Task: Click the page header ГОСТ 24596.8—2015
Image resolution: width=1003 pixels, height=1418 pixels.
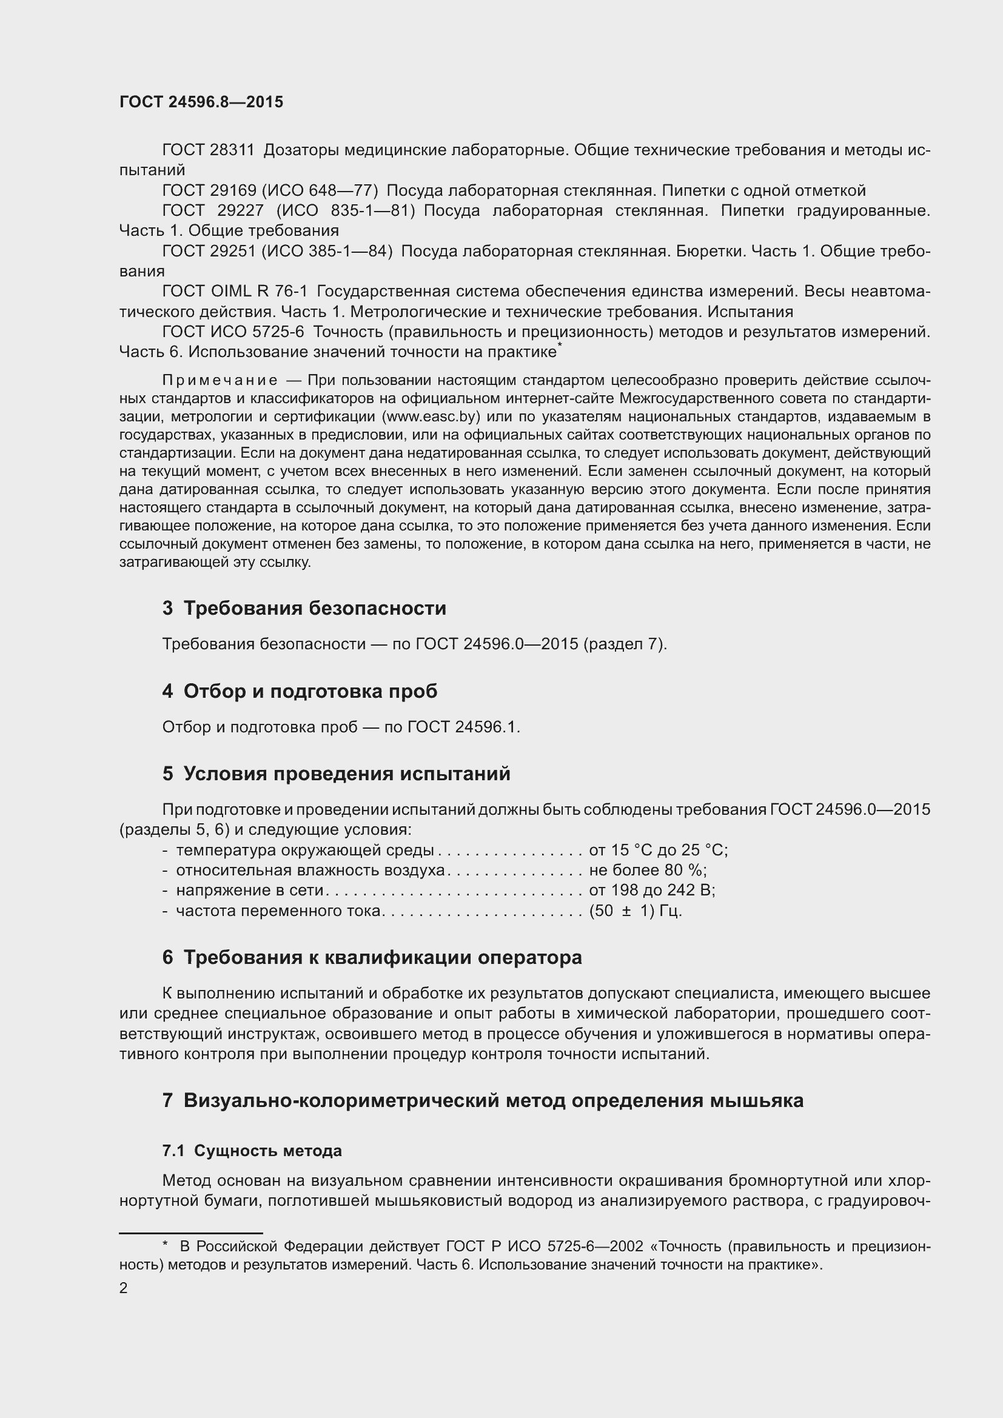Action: (201, 102)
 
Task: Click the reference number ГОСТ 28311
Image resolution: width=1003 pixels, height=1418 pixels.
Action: (208, 150)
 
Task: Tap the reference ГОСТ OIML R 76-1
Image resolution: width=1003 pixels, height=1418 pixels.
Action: (234, 291)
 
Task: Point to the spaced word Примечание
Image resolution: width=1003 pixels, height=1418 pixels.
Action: (220, 380)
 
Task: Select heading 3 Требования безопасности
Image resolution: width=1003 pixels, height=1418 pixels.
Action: (304, 608)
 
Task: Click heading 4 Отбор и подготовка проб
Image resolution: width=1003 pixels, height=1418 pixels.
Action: (300, 691)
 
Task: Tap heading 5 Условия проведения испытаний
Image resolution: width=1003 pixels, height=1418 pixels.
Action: (336, 774)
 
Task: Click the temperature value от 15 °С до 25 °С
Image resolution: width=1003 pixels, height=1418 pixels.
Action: (659, 851)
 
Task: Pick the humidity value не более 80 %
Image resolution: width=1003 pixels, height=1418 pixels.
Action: (648, 870)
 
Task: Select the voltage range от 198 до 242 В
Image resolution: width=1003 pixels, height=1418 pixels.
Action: (651, 890)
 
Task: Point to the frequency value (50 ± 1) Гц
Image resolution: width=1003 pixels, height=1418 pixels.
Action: (636, 911)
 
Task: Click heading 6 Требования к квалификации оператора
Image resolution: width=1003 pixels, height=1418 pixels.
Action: (372, 958)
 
